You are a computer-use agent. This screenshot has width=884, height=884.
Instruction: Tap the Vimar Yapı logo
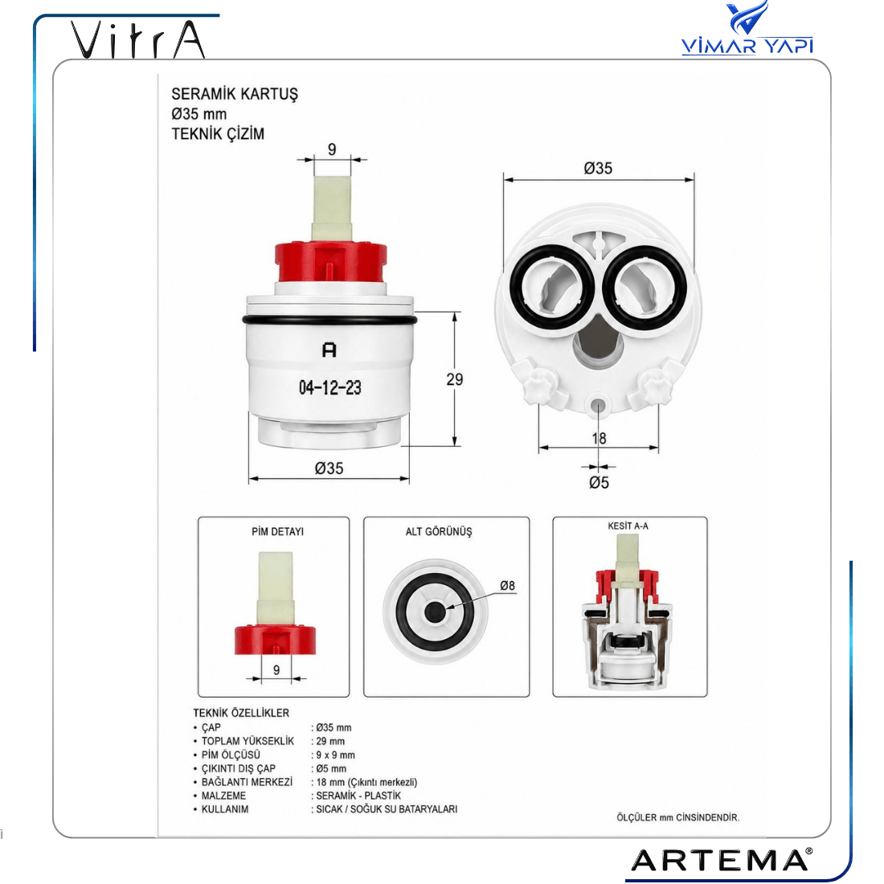click(x=747, y=28)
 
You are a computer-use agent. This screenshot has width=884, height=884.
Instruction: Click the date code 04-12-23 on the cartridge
click(x=329, y=388)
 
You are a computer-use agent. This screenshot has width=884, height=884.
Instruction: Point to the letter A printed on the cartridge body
click(x=329, y=350)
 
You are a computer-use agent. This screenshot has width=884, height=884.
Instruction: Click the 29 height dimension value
click(x=454, y=379)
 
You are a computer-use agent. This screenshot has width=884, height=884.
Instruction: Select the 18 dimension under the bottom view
click(x=599, y=438)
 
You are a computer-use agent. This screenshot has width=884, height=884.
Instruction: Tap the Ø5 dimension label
click(x=599, y=483)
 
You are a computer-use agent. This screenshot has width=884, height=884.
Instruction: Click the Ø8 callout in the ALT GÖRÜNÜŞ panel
click(x=507, y=586)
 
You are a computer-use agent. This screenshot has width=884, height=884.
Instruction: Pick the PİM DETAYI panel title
click(x=277, y=532)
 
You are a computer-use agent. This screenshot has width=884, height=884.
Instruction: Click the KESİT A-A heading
click(x=628, y=526)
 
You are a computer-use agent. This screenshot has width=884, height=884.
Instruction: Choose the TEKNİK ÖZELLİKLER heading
click(x=241, y=713)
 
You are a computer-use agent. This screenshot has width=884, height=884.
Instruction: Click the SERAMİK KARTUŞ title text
click(x=235, y=94)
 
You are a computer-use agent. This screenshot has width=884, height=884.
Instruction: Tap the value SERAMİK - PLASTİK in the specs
click(x=358, y=796)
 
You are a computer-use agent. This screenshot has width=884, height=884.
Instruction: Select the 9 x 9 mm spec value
click(x=335, y=755)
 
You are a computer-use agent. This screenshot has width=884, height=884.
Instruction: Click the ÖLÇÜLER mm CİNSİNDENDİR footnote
click(x=677, y=817)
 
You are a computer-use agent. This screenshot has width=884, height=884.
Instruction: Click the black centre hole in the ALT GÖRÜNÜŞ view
click(x=434, y=612)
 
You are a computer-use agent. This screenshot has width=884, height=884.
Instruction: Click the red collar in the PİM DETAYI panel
click(x=275, y=640)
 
